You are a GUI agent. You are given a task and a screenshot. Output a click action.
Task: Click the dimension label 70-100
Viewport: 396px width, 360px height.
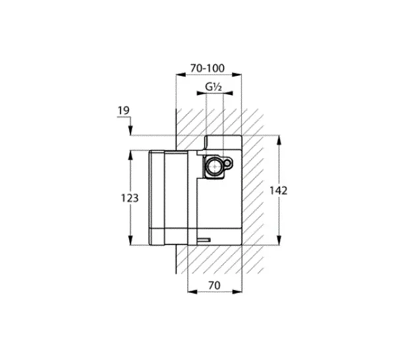(x=207, y=68)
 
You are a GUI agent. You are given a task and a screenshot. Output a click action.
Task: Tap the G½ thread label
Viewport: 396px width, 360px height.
(x=213, y=87)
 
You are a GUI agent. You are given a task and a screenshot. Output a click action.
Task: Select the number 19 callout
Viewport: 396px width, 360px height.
(x=123, y=110)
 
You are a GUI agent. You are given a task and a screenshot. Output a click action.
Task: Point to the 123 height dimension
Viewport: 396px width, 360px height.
(x=130, y=198)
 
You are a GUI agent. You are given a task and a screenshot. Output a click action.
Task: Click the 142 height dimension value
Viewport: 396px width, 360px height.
(x=279, y=191)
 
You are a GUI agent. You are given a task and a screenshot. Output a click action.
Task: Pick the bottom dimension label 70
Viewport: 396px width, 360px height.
(x=214, y=285)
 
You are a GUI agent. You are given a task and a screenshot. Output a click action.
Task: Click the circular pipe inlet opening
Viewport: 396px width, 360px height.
(x=215, y=166)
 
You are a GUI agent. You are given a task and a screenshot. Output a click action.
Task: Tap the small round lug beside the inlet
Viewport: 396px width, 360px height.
(x=228, y=164)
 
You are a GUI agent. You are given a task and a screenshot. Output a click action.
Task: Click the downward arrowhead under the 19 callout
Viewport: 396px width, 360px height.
(x=130, y=131)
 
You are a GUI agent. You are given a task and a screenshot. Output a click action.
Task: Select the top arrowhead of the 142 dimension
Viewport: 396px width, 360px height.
(x=279, y=140)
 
